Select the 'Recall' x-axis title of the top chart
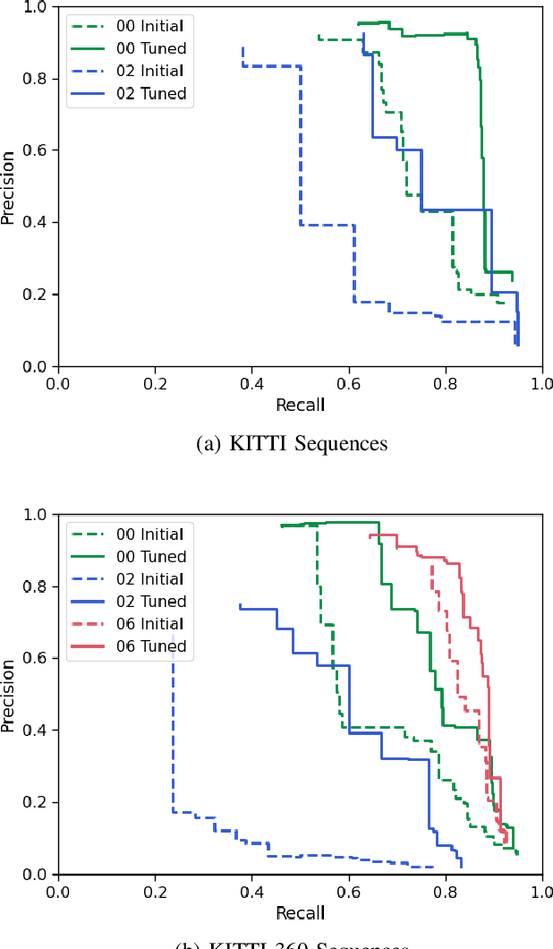pyautogui.click(x=301, y=404)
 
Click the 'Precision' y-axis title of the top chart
pyautogui.click(x=8, y=187)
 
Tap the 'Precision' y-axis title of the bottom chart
pyautogui.click(x=8, y=695)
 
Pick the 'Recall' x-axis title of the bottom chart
pyautogui.click(x=301, y=912)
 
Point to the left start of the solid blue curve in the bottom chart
pyautogui.click(x=239, y=604)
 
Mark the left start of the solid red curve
pyautogui.click(x=370, y=536)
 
